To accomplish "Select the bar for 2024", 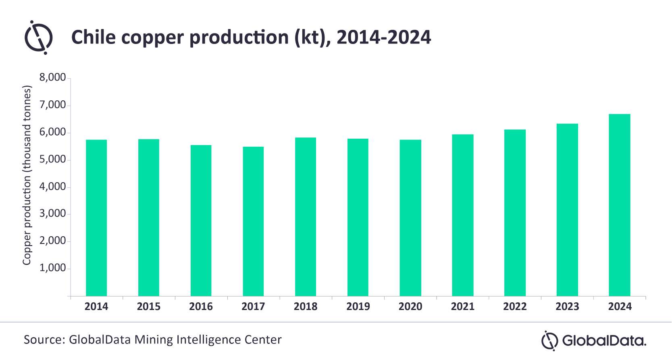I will point(619,205).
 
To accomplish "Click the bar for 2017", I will point(253,221).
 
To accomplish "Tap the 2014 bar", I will point(96,218).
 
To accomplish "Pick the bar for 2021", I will point(462,215).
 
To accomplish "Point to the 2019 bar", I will point(358,217).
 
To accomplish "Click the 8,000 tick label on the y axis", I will point(52,77).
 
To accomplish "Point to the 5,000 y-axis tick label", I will point(52,159).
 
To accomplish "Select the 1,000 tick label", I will point(52,268).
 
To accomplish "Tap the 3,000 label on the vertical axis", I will point(52,214).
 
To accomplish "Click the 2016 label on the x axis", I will point(201,307).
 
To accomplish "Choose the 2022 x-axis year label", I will point(515,307).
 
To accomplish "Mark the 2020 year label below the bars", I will point(410,307).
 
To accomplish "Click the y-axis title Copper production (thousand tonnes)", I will point(27,175).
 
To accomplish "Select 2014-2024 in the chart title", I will point(383,37).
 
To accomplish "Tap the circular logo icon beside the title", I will point(39,37).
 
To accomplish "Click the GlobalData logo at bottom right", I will point(593,341).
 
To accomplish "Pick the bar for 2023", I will point(567,210).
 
